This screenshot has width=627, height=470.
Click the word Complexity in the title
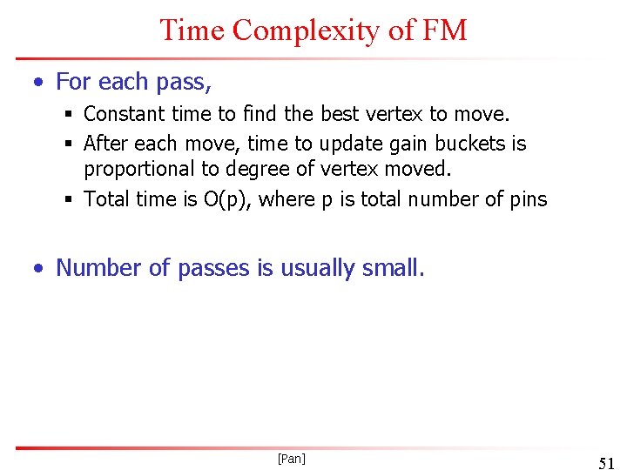pyautogui.click(x=306, y=30)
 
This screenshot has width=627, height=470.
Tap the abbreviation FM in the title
pyautogui.click(x=445, y=30)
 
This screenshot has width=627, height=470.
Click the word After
pyautogui.click(x=104, y=143)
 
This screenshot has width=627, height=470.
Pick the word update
pyautogui.click(x=351, y=143)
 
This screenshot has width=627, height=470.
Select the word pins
pyautogui.click(x=529, y=199)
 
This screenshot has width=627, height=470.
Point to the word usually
pyautogui.click(x=317, y=268)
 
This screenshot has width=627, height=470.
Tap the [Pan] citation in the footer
pyautogui.click(x=291, y=458)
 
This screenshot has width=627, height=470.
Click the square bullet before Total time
pyautogui.click(x=69, y=200)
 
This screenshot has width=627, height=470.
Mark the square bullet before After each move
pyautogui.click(x=69, y=144)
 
